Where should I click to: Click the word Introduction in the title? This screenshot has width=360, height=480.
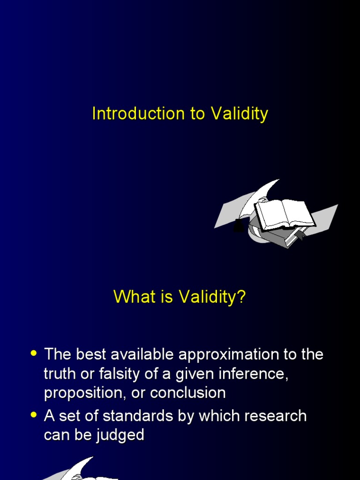point(138,113)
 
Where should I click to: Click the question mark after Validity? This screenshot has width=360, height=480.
point(241,296)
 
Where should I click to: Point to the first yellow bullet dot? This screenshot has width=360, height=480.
point(34,353)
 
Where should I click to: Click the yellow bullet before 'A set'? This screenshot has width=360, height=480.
point(34,415)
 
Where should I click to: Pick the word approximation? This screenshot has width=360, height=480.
point(229,355)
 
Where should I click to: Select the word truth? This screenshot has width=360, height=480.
point(60,374)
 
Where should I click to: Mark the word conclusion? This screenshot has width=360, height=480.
point(188,393)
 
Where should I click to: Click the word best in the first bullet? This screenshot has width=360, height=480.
point(91,354)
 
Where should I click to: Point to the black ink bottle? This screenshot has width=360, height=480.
point(239,225)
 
